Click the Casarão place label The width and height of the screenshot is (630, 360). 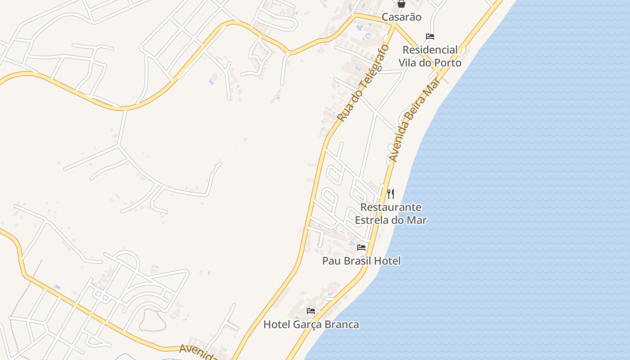[x=401, y=17]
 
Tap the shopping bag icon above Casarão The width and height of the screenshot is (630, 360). [x=401, y=4]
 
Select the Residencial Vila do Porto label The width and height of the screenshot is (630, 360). [x=430, y=56]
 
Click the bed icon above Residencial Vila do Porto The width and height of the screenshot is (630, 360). [x=430, y=36]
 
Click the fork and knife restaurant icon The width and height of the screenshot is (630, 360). [x=391, y=194]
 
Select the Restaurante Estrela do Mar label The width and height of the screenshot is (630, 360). [x=391, y=214]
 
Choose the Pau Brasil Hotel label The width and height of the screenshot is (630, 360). [x=361, y=261]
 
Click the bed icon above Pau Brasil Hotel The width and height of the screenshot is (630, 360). [x=361, y=247]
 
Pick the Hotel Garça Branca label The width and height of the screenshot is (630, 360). [x=311, y=324]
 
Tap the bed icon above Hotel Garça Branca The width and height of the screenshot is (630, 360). [x=311, y=310]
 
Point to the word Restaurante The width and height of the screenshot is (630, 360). [x=391, y=207]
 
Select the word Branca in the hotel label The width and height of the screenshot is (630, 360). [x=342, y=324]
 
